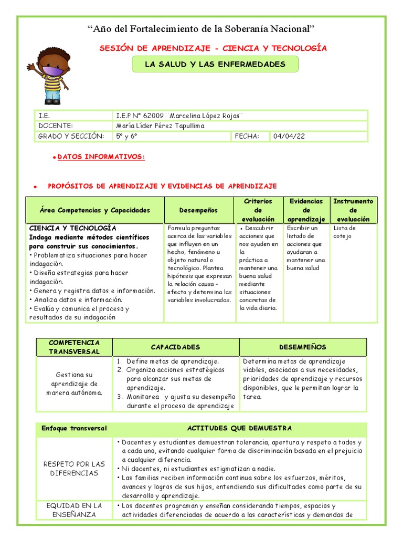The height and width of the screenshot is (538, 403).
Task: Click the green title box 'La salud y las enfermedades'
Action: coord(215,64)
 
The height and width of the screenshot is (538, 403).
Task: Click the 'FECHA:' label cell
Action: coord(247,137)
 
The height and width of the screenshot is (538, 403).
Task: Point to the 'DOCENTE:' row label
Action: coord(55,126)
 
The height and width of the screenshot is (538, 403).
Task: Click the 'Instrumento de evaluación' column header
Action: coord(353,210)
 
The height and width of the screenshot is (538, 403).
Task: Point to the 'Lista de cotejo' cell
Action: coord(345,232)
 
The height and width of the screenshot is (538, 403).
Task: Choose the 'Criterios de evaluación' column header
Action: coord(258,210)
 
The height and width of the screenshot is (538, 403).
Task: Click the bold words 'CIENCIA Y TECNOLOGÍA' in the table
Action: coord(73,228)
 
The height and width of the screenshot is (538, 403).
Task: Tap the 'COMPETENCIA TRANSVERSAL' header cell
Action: coord(74,347)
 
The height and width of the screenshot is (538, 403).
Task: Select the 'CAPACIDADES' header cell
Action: coord(175,347)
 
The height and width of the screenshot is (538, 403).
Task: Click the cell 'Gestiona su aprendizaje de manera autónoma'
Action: coord(74,384)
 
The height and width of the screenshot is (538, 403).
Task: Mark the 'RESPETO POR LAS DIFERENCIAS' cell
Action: coord(74,468)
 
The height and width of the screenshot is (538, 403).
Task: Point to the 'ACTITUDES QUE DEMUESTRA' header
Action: coord(239,428)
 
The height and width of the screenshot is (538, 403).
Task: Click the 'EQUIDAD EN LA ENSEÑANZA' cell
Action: coord(74,510)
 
